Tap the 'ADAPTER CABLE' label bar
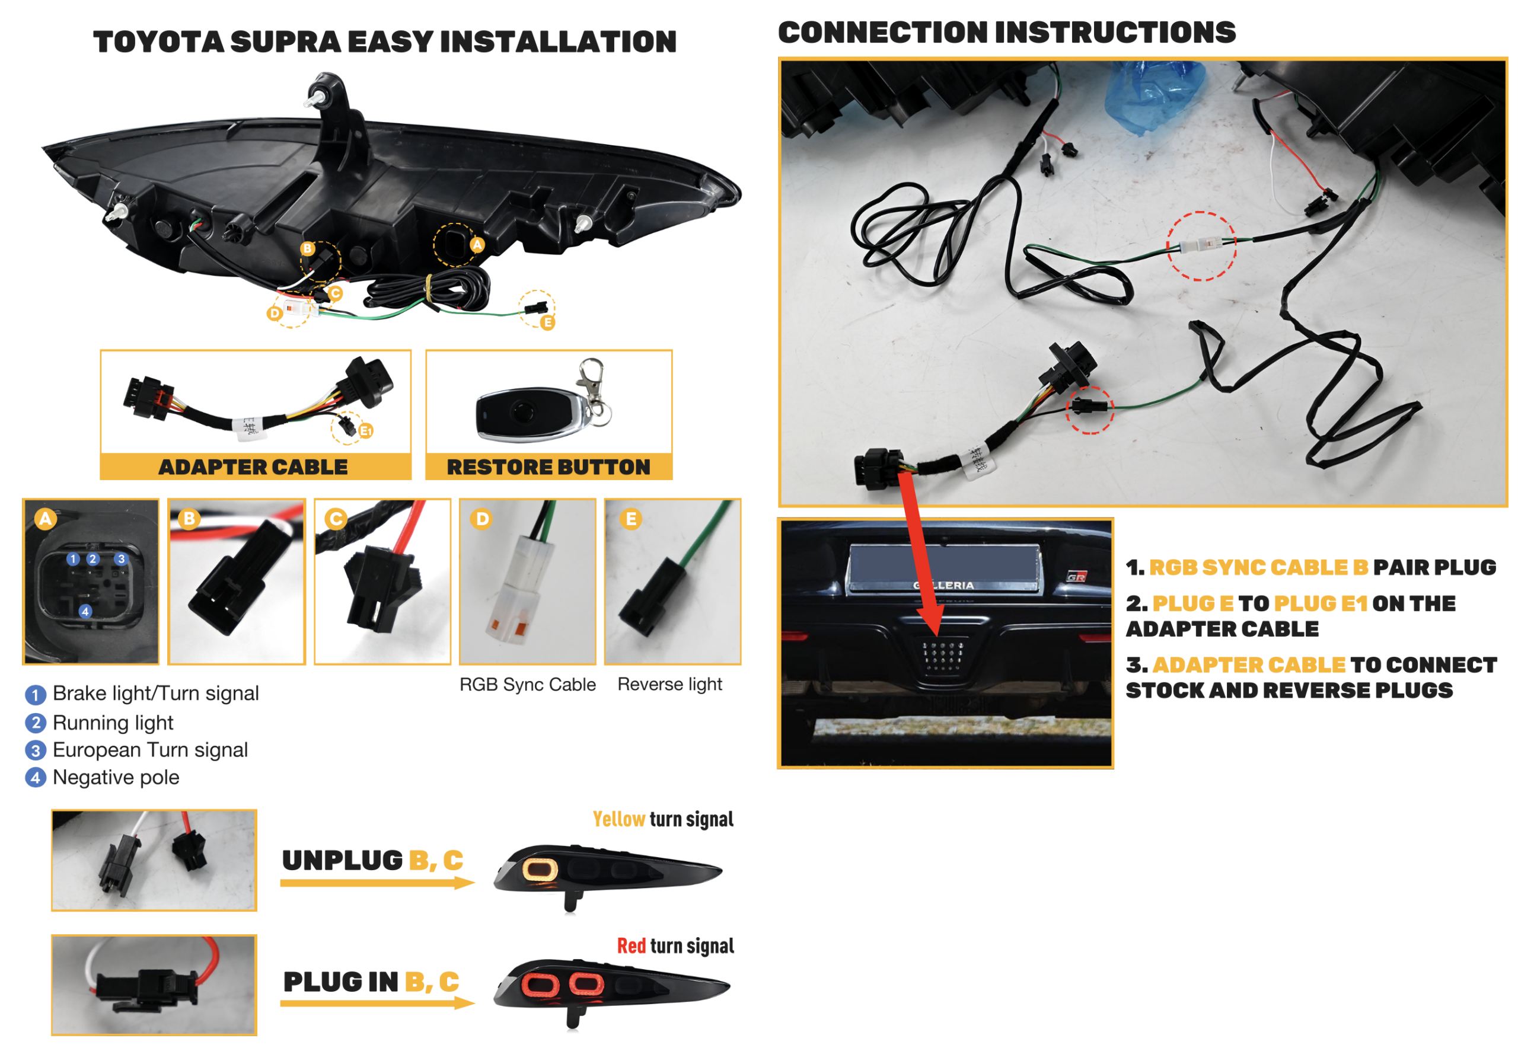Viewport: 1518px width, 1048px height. [x=256, y=467]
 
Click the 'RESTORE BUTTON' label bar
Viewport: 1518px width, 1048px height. [x=548, y=467]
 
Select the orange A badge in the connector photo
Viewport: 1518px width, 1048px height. [x=45, y=519]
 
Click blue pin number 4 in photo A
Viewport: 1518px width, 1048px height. [x=85, y=611]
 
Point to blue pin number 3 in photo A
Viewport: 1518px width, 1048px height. [x=121, y=559]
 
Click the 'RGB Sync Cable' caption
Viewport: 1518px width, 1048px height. [x=528, y=685]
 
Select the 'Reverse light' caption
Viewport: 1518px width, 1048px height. [x=670, y=685]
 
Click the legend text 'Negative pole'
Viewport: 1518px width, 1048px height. [x=116, y=778]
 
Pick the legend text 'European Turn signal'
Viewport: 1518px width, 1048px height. [x=151, y=750]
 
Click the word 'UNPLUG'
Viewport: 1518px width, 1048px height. [x=342, y=860]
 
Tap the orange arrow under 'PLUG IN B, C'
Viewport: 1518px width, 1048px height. [x=377, y=1003]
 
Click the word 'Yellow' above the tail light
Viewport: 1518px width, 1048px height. [x=618, y=819]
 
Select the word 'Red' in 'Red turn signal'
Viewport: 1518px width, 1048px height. [x=632, y=946]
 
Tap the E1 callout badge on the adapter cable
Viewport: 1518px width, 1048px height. [x=366, y=432]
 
